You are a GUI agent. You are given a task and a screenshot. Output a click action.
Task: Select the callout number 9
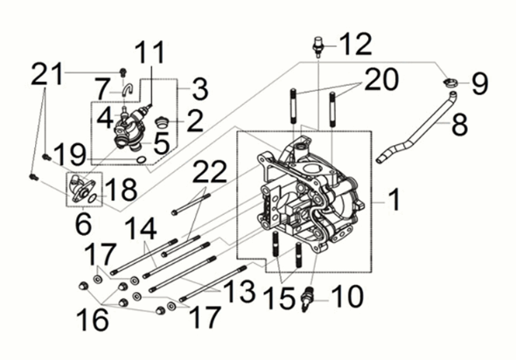(x=479, y=84)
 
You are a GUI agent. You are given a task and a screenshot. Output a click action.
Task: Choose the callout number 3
(x=199, y=89)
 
